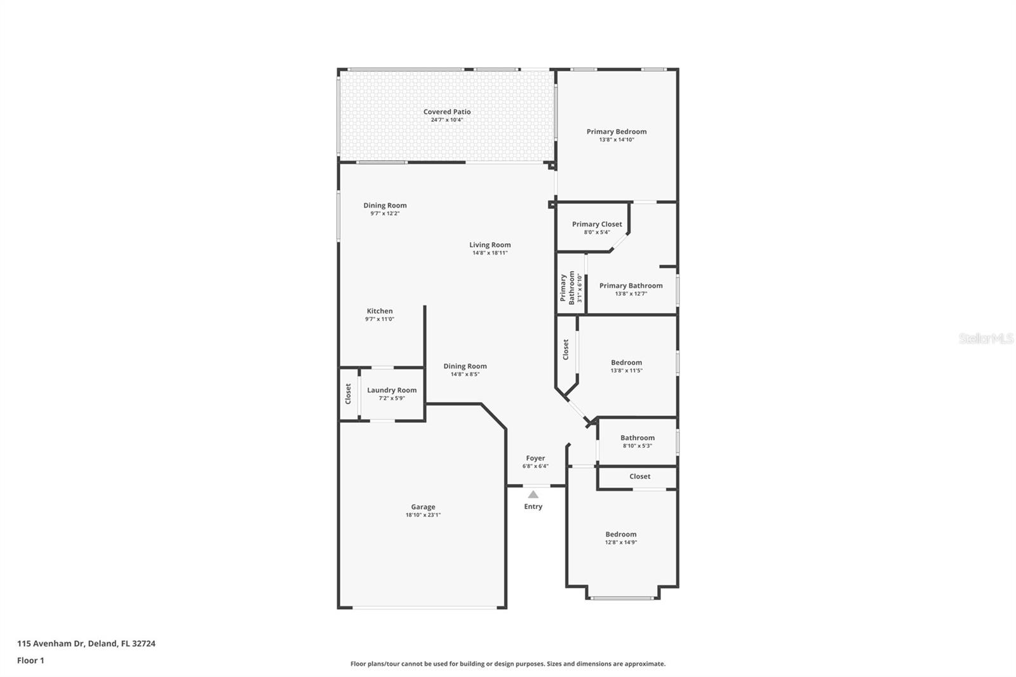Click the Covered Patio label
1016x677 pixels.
coord(447,112)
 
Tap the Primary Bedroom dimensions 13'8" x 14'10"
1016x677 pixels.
coord(616,140)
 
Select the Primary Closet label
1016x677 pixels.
coord(597,224)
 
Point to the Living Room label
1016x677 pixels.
coord(490,245)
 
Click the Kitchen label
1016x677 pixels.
coord(380,311)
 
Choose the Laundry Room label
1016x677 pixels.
coord(392,390)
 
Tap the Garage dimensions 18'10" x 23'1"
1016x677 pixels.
coord(423,515)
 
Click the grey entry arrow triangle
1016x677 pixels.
coord(533,494)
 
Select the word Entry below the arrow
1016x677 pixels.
coord(533,506)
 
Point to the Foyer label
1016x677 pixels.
coord(535,458)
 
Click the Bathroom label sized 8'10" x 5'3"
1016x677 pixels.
coord(637,438)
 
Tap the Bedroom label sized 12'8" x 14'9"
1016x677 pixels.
coord(620,534)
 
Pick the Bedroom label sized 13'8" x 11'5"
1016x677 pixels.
coord(626,363)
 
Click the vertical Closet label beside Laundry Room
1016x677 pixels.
coord(348,394)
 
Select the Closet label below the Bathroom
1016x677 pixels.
coord(639,476)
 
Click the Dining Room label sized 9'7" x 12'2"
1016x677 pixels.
coord(385,205)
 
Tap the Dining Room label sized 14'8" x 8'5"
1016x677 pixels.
coord(465,366)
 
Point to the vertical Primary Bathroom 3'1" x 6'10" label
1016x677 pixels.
coord(567,288)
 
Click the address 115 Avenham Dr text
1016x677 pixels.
coord(86,643)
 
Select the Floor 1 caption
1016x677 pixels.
coord(30,660)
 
